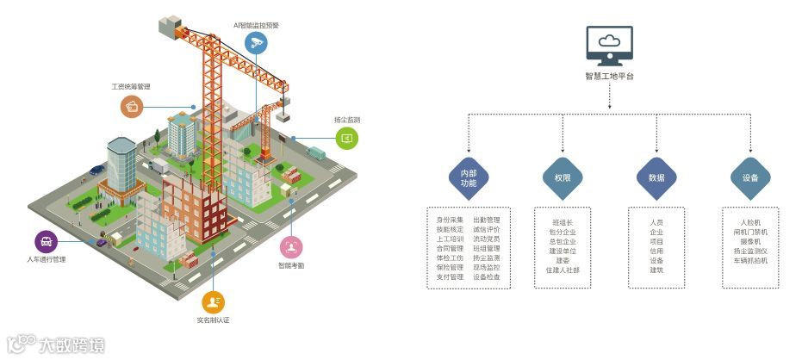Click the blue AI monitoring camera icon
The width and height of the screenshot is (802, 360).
[x=256, y=43]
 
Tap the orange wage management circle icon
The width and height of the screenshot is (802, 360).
[x=132, y=106]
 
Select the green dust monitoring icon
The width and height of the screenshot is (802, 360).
[x=346, y=138]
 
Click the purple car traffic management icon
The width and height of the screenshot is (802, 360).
[x=46, y=241]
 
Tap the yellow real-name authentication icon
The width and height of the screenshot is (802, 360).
[x=213, y=301]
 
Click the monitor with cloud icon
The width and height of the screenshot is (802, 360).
[x=609, y=45]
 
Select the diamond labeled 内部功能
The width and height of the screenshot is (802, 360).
[x=469, y=177]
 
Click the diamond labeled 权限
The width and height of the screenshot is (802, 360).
[x=563, y=177]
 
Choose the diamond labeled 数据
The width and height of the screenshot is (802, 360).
[x=656, y=177]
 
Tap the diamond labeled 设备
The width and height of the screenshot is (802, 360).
[x=750, y=177]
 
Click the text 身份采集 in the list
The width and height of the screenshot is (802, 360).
[x=450, y=220]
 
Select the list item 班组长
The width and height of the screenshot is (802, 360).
[x=563, y=222]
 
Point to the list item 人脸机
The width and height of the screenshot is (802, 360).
[x=750, y=222]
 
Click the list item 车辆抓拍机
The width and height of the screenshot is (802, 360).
[x=750, y=260]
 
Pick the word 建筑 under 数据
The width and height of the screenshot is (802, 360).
[x=656, y=270]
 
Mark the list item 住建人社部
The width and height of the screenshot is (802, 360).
[x=563, y=270]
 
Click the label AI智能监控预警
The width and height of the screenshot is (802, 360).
[x=256, y=25]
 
